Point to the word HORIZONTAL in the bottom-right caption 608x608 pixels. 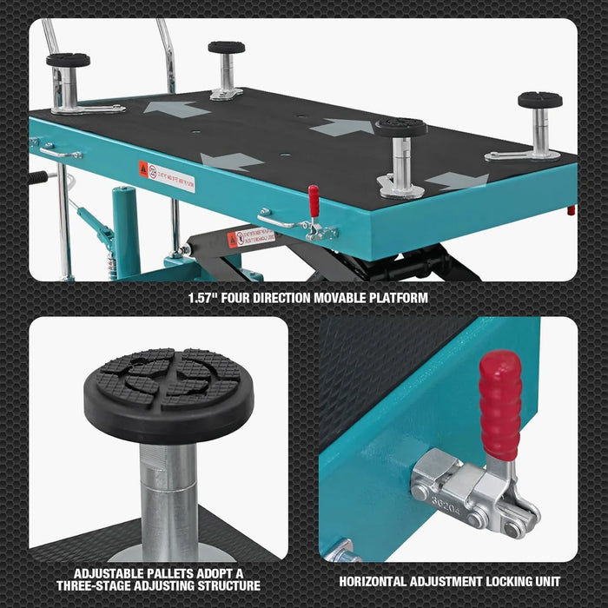point(375,581)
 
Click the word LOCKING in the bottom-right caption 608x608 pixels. point(513,581)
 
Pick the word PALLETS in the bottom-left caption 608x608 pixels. point(173,574)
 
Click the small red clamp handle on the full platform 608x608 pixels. point(314,201)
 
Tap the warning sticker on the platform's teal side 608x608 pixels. point(167,176)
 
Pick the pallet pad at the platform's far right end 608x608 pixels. point(539,100)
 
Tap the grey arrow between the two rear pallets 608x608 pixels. point(176,109)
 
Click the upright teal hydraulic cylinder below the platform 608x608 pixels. point(127,230)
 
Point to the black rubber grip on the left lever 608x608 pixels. point(37,177)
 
